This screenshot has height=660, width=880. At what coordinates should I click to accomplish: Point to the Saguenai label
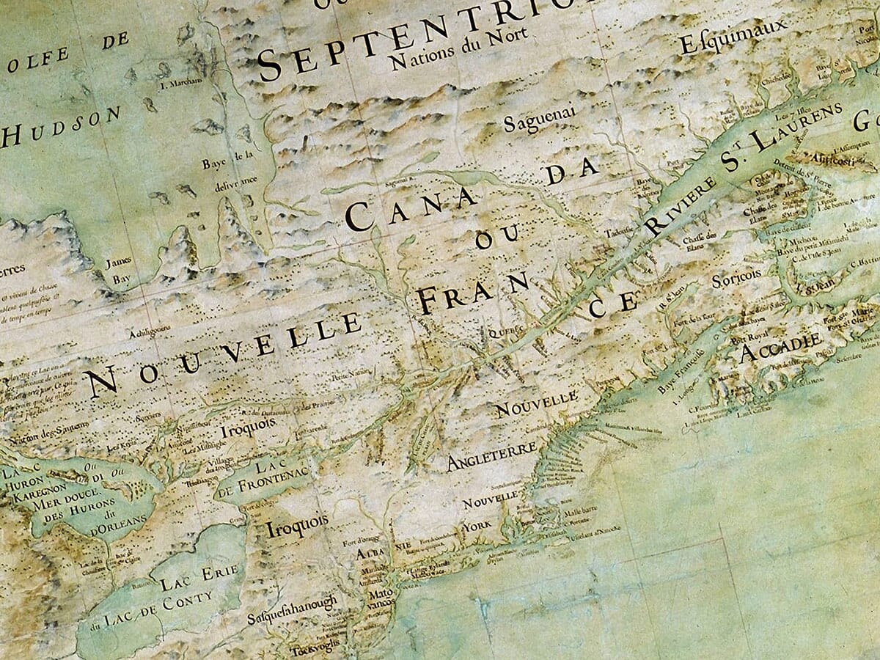click(x=541, y=117)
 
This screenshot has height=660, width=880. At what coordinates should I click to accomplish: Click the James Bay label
click(x=117, y=271)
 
